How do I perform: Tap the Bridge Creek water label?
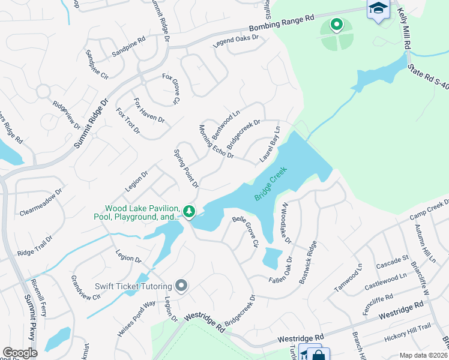pyautogui.click(x=271, y=184)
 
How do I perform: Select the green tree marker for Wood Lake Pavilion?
pyautogui.click(x=189, y=211)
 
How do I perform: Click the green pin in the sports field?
pyautogui.click(x=337, y=25)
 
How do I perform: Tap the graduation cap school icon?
pyautogui.click(x=378, y=9)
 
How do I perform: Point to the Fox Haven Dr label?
pyautogui.click(x=149, y=110)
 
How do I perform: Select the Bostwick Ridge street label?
pyautogui.click(x=306, y=264)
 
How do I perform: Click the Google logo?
pyautogui.click(x=20, y=353)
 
